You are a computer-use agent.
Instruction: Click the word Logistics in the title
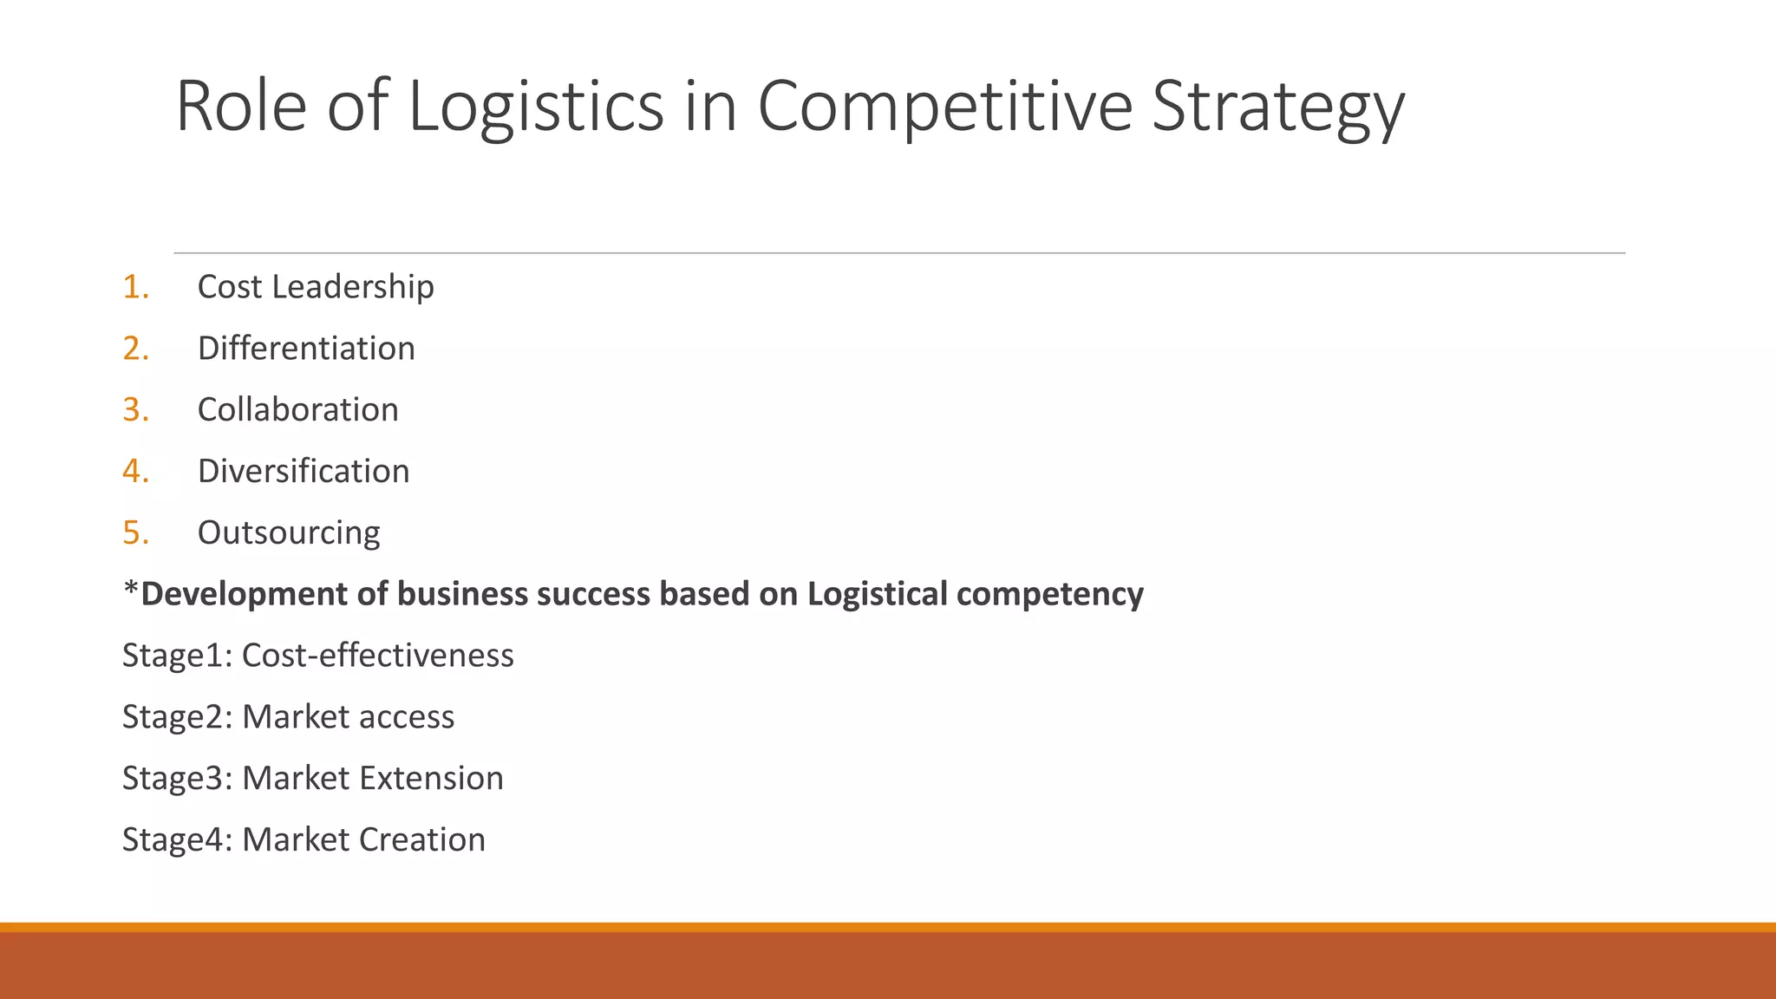(x=535, y=106)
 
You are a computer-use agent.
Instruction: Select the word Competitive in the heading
(x=944, y=106)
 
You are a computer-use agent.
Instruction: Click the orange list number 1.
(x=135, y=287)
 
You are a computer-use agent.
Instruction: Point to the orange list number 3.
(x=135, y=410)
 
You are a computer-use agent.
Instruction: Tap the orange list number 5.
(x=135, y=533)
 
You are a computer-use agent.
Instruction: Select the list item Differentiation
(x=306, y=349)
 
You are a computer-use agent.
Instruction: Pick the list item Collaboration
(x=297, y=410)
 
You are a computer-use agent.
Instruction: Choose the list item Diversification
(x=304, y=472)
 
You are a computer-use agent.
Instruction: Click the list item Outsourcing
(x=289, y=533)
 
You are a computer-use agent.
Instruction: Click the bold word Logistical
(x=877, y=595)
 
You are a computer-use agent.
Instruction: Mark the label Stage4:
(x=177, y=840)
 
